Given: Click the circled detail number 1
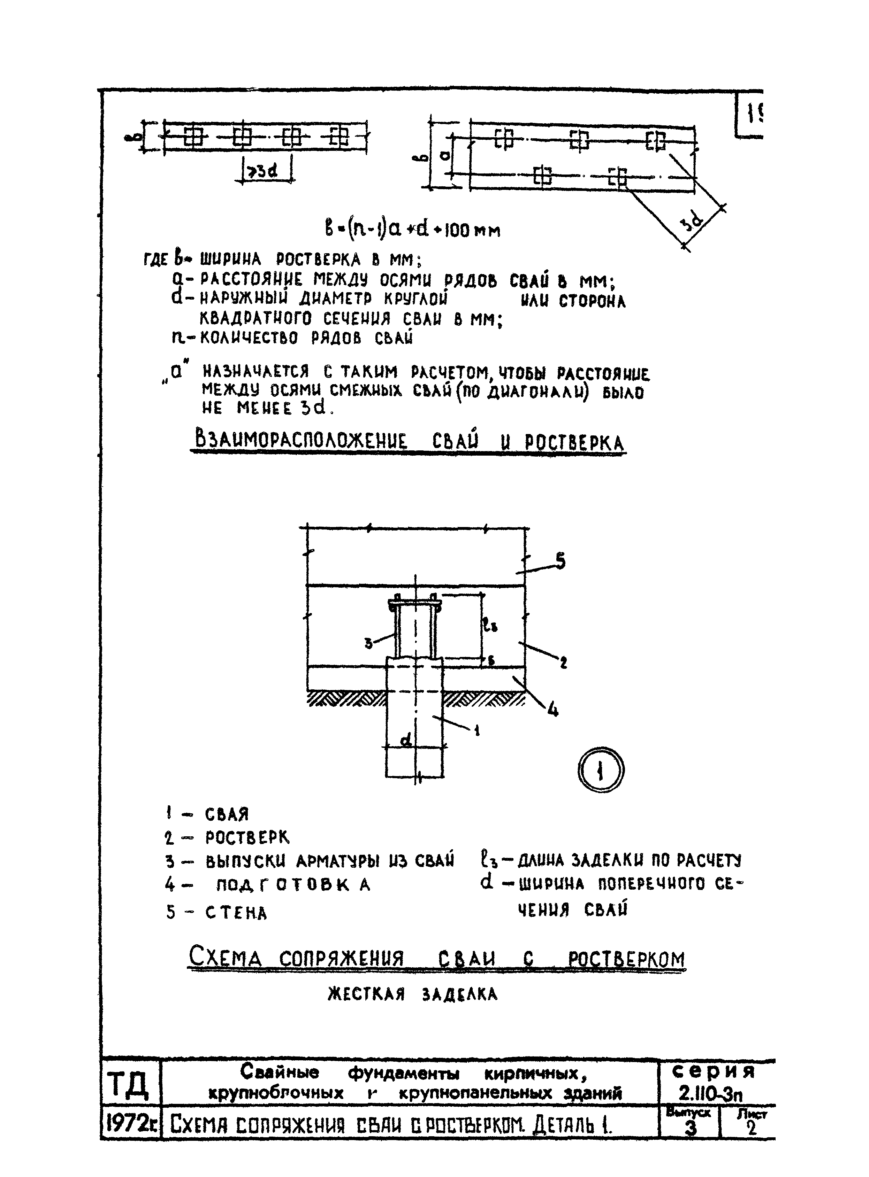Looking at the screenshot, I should [x=601, y=771].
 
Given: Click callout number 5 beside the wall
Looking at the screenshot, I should [x=561, y=562].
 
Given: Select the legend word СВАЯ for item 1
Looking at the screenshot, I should [x=227, y=814].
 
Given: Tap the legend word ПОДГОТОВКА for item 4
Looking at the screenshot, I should [x=294, y=885].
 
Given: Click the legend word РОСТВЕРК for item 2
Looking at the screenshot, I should [x=247, y=837].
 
